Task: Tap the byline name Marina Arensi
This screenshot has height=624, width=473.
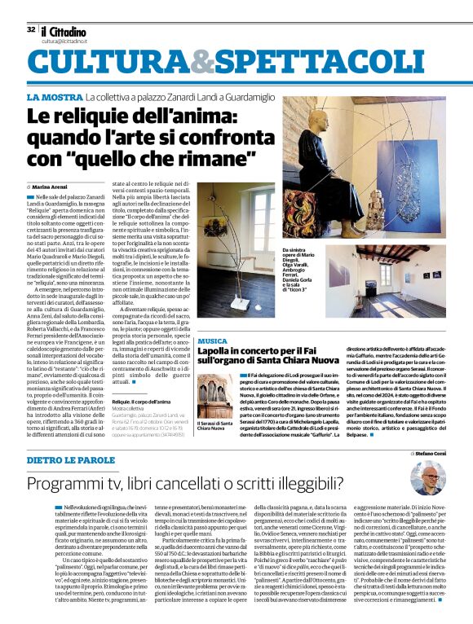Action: (54, 187)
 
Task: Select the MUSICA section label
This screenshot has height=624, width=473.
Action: (212, 341)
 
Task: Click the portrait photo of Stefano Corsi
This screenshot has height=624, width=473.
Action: (429, 480)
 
